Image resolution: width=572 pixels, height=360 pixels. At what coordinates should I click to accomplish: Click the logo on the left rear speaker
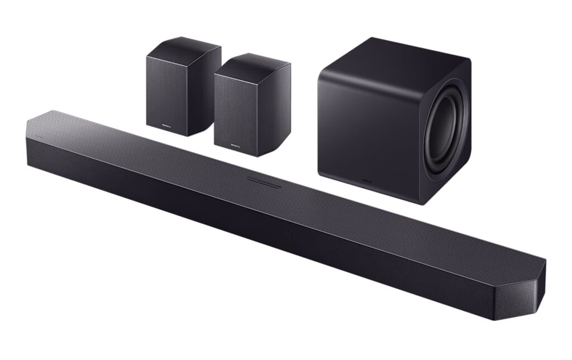166,126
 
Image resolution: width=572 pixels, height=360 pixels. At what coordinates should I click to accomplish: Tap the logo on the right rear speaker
236,146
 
